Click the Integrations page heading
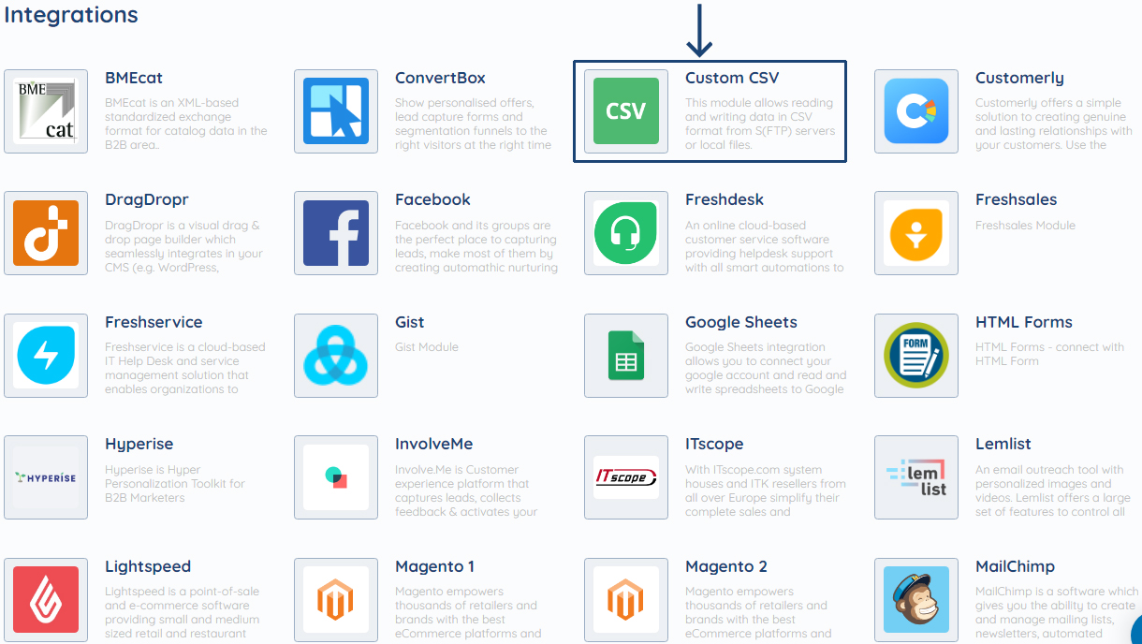point(71,15)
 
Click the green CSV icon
point(626,111)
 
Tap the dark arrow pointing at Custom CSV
point(699,30)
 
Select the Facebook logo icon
point(336,233)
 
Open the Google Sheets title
point(740,322)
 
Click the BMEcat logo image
point(46,111)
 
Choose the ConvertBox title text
point(440,78)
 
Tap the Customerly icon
point(916,111)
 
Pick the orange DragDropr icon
point(46,233)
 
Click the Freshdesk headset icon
point(626,233)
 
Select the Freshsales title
point(1016,199)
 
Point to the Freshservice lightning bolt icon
point(46,356)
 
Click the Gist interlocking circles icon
point(336,356)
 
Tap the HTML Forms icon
point(916,356)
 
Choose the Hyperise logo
point(46,477)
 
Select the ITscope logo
point(626,477)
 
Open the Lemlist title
point(1003,444)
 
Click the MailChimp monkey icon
point(916,600)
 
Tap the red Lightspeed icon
point(46,600)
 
